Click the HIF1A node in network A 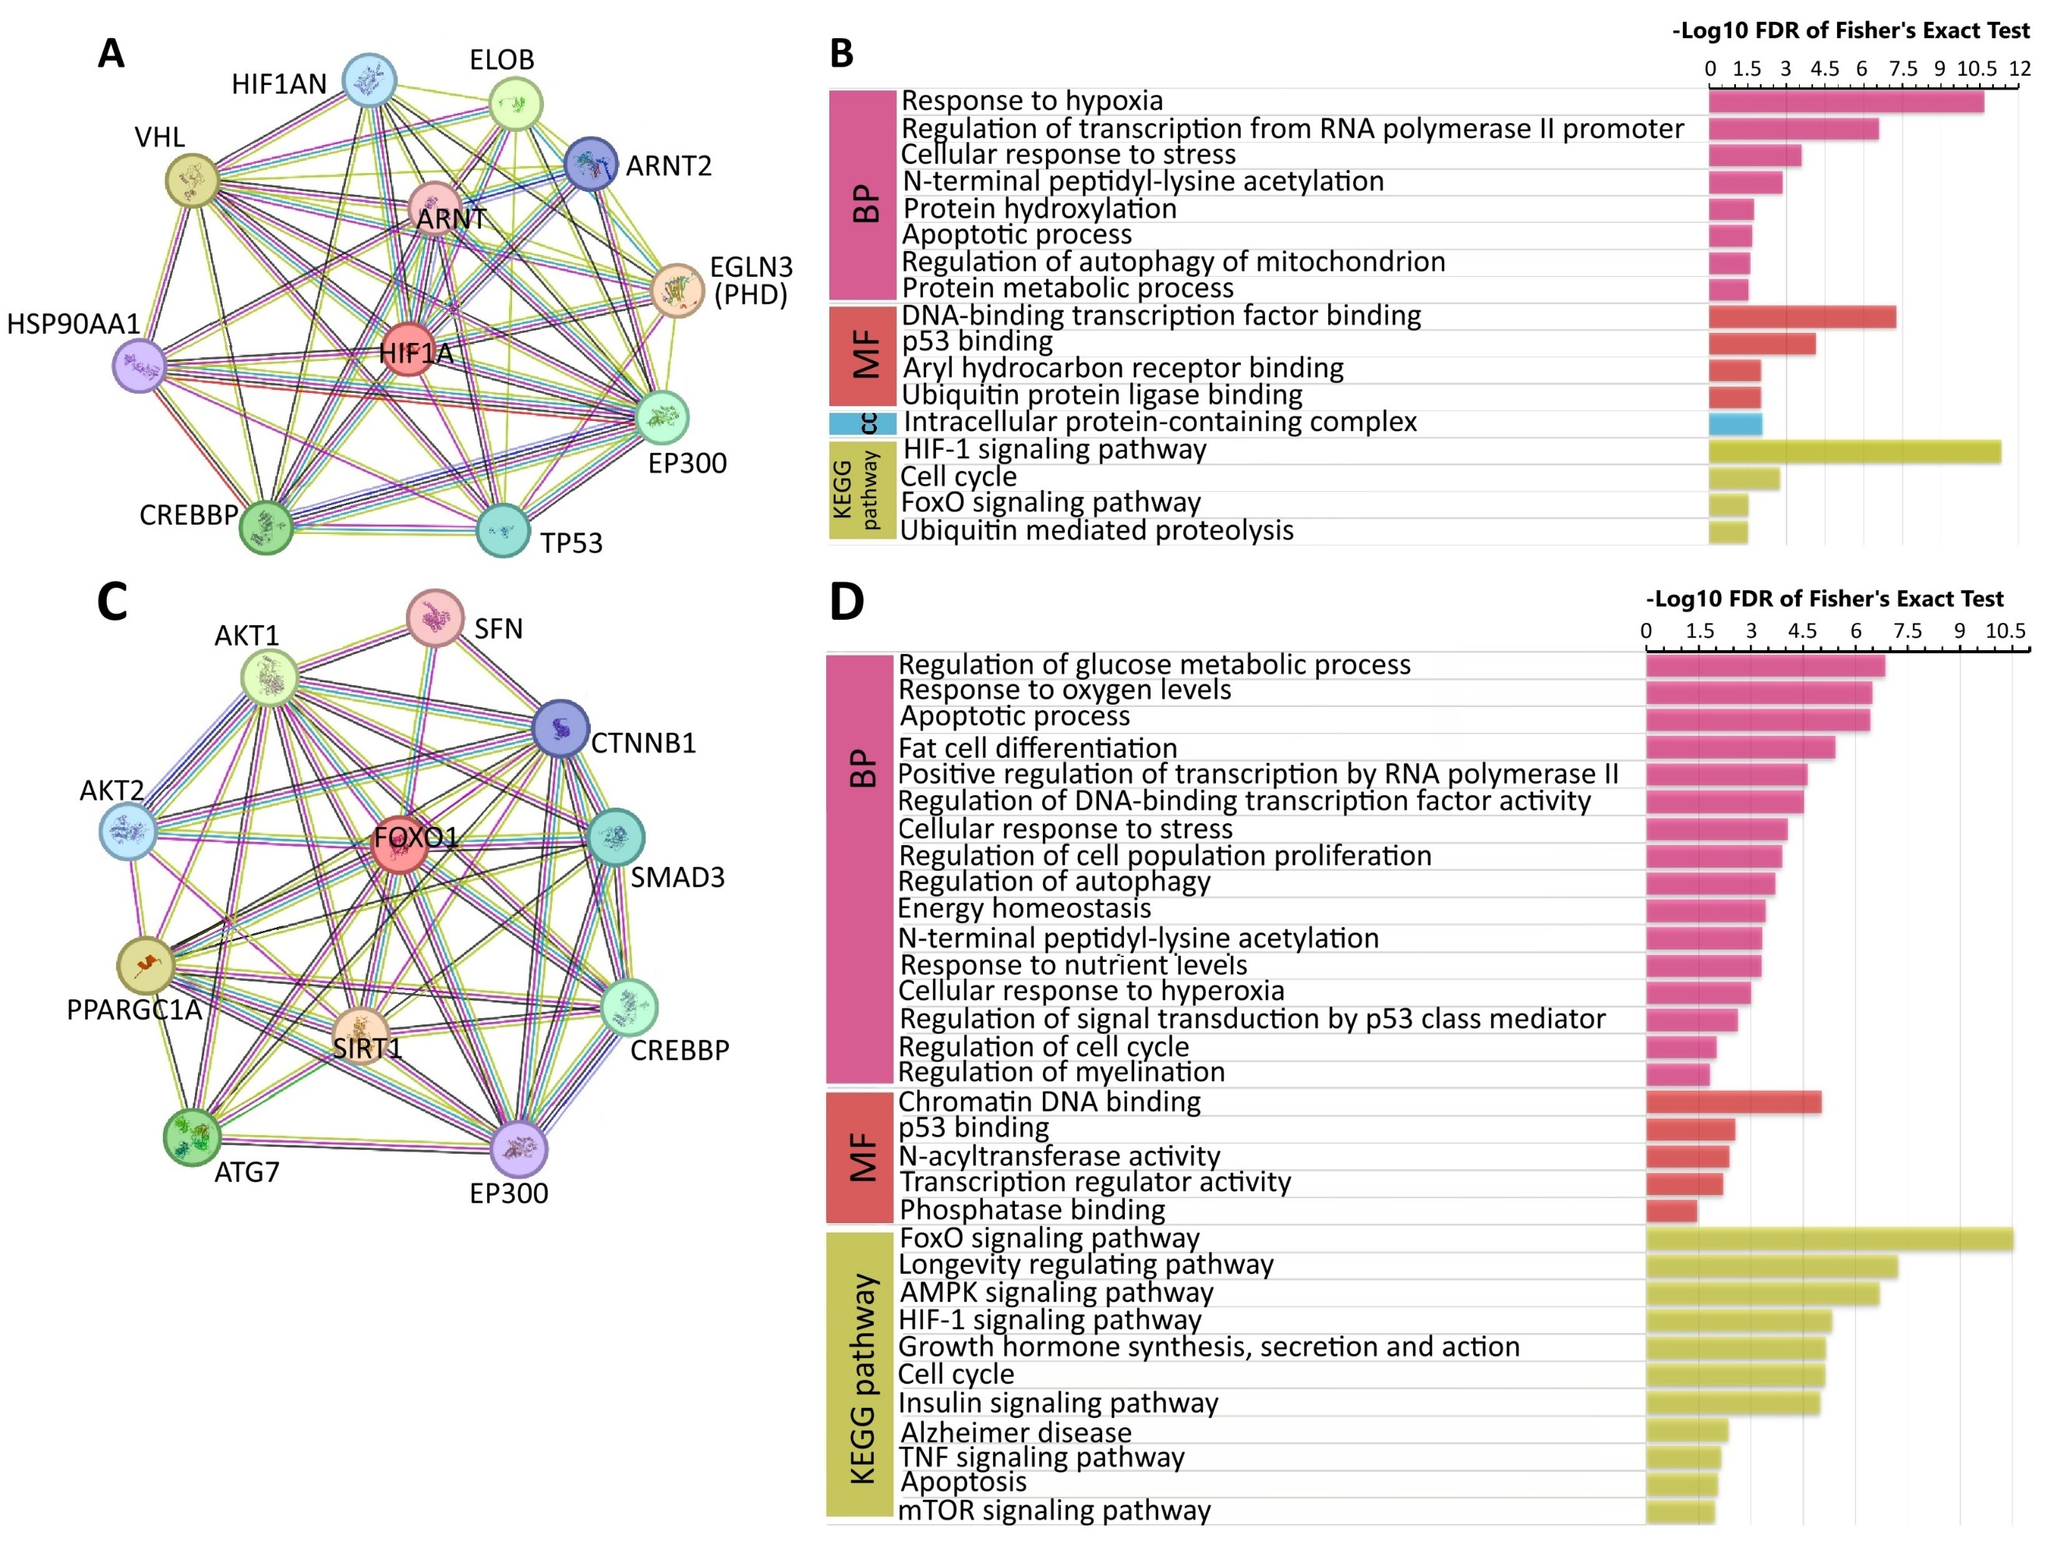click(x=408, y=350)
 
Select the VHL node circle click(x=193, y=179)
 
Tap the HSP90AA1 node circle click(x=140, y=366)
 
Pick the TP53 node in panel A click(x=503, y=530)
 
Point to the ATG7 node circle click(x=193, y=1137)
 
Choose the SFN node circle click(x=435, y=617)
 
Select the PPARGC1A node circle click(x=146, y=965)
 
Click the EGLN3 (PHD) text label click(x=751, y=281)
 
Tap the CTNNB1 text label click(x=644, y=743)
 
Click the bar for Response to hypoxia click(x=1846, y=101)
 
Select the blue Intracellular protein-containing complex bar click(x=1735, y=424)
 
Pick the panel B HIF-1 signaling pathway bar click(x=1855, y=452)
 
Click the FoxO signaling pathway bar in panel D click(x=1829, y=1239)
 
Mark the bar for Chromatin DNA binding click(x=1734, y=1102)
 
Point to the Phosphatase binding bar click(x=1671, y=1211)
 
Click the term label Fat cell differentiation click(x=1037, y=748)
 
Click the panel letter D click(x=846, y=601)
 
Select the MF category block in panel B click(x=863, y=355)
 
